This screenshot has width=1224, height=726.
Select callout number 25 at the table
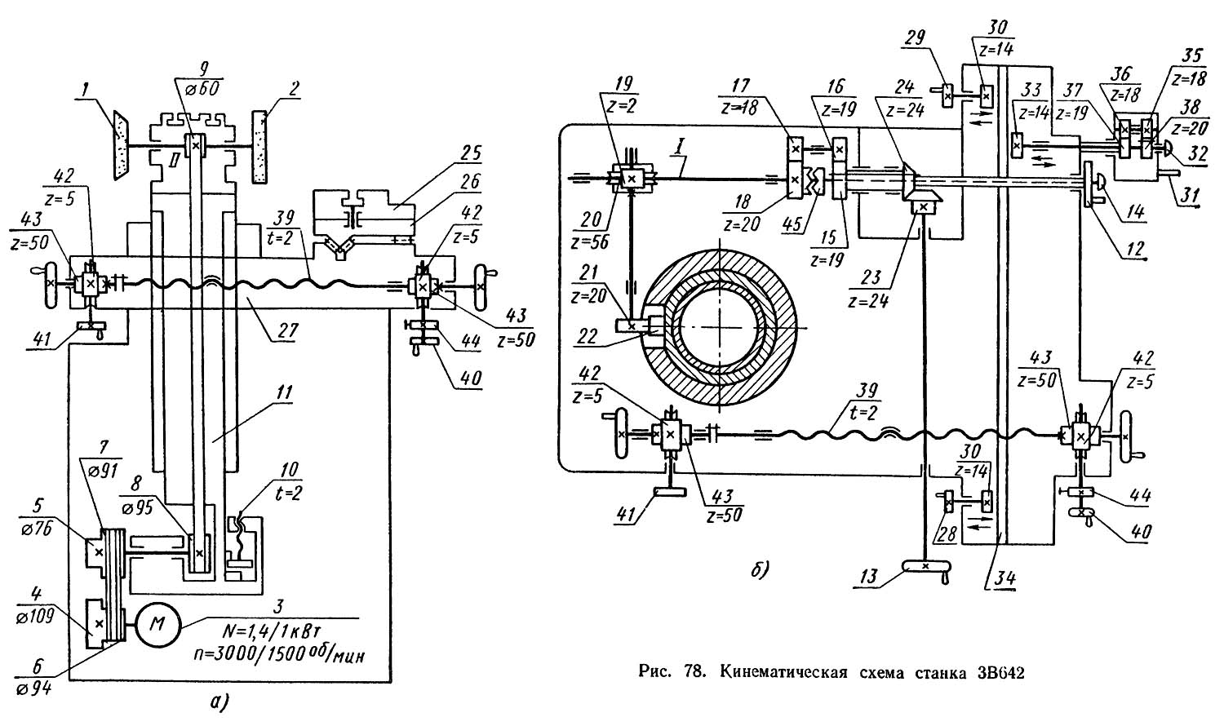coord(472,153)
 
